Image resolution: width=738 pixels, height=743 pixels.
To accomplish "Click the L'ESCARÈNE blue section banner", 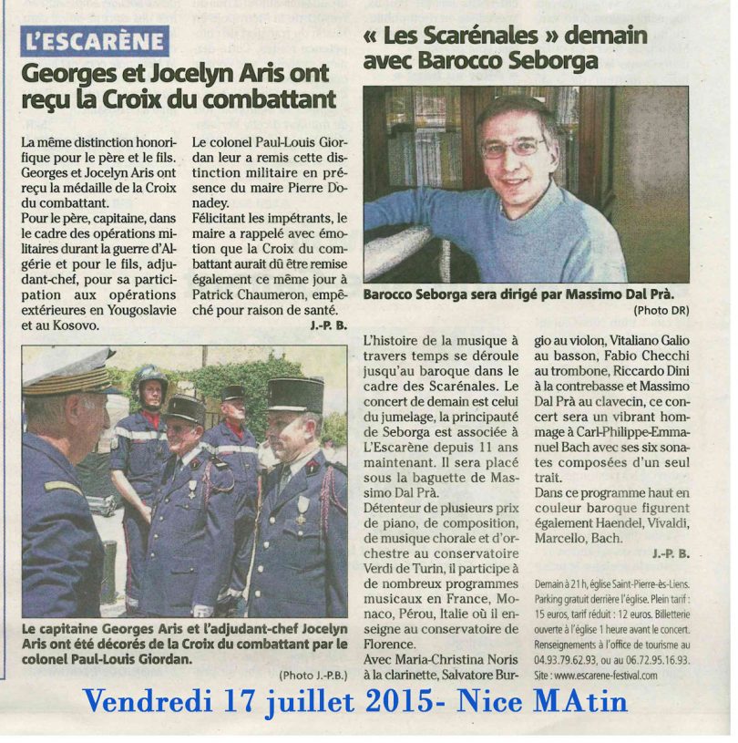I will click(95, 41).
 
